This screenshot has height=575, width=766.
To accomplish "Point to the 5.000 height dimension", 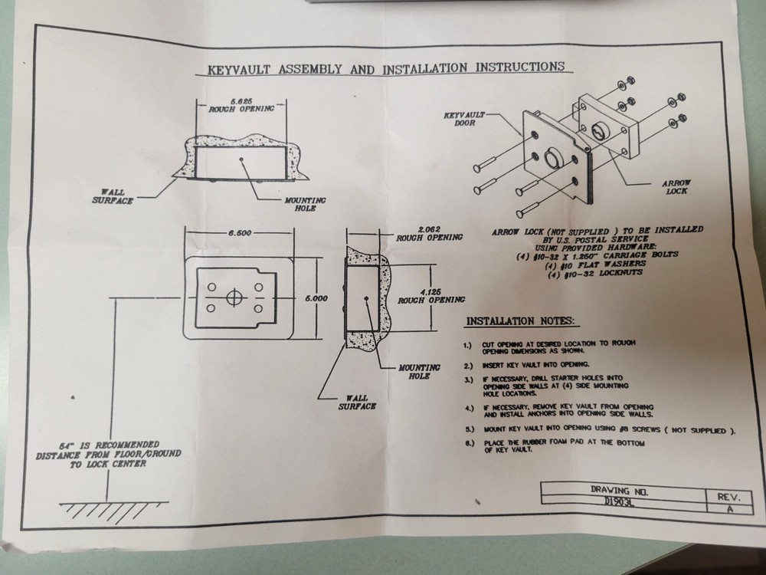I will point(316,297).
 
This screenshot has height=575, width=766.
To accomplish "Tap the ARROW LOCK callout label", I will point(676,188).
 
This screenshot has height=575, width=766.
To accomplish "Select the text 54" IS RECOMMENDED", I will point(109,445).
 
